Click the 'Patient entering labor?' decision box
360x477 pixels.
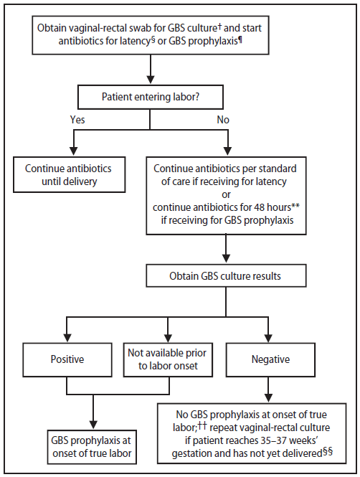point(150,96)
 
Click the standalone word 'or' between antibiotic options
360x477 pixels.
point(226,195)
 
